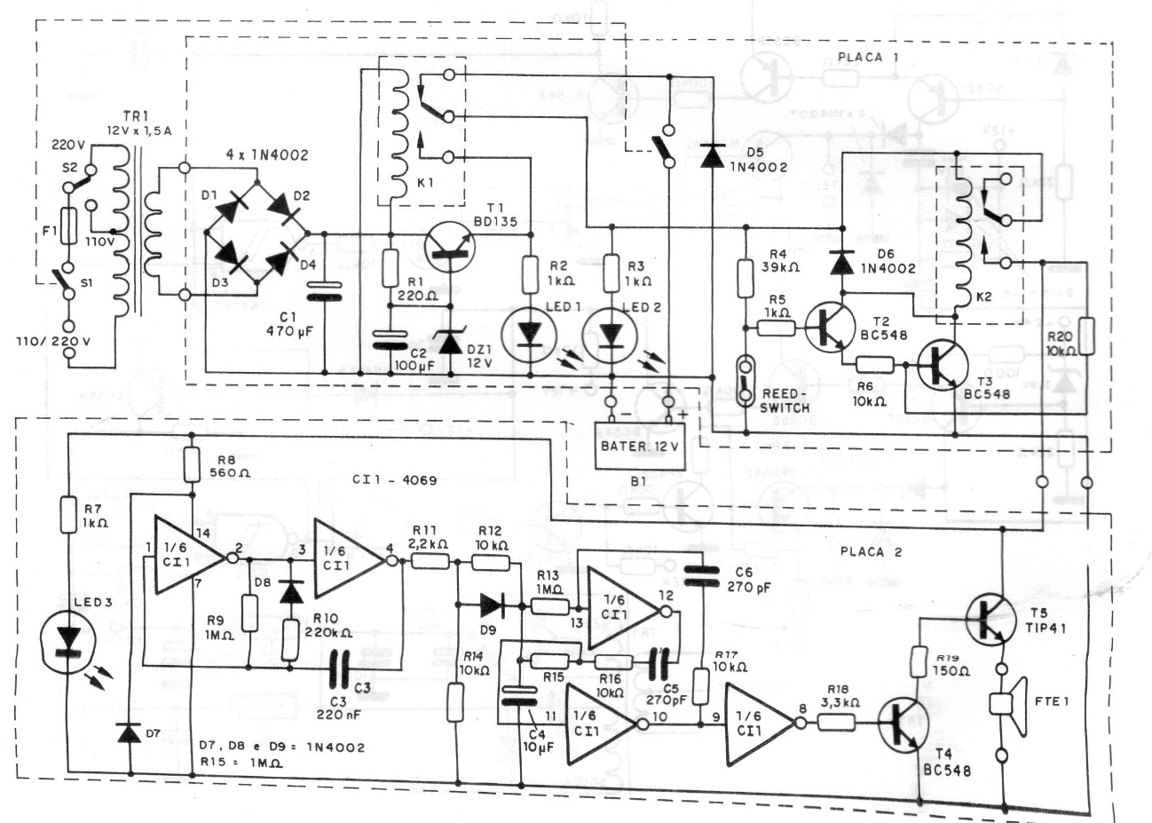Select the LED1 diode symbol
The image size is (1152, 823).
pos(530,331)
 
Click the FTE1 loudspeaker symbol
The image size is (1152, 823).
pos(1007,702)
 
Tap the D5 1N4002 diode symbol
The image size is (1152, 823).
pos(710,156)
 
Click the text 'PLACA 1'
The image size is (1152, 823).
pos(868,58)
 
